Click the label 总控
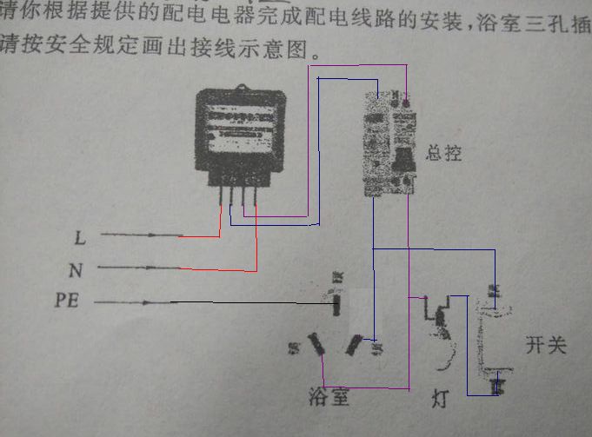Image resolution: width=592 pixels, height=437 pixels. (x=443, y=155)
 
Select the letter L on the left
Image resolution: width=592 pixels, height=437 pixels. (x=79, y=236)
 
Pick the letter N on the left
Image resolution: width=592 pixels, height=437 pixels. (x=76, y=270)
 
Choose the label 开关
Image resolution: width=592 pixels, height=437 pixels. (x=545, y=346)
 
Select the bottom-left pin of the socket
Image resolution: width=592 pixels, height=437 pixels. (x=316, y=345)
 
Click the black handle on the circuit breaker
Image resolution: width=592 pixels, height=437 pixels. (x=402, y=160)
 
